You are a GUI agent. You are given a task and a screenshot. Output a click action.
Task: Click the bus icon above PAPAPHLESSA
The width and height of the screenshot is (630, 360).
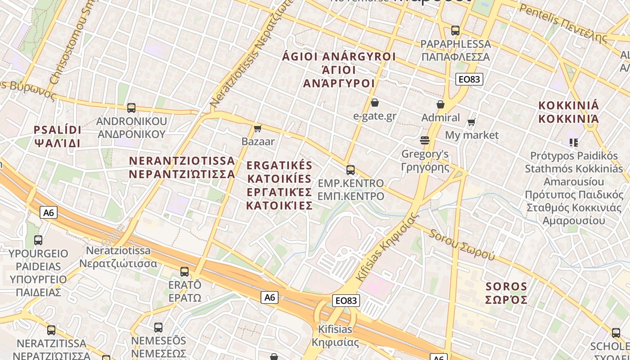coord(455,31)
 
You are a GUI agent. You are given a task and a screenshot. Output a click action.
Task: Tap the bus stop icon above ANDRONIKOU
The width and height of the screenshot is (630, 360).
coord(131,108)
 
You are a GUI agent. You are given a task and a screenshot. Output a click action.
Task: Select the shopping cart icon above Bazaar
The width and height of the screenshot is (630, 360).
coord(258,129)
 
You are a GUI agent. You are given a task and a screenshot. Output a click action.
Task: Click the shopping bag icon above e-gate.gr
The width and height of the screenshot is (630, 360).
coord(374,103)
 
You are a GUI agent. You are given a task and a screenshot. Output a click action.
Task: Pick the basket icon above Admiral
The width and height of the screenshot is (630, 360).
coord(441,104)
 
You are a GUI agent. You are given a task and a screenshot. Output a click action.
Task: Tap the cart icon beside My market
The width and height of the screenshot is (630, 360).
coord(472,122)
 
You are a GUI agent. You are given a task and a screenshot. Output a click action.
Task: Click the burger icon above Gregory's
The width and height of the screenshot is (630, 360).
coord(425,140)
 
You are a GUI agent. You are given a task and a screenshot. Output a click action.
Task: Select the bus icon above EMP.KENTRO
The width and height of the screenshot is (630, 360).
coord(351,170)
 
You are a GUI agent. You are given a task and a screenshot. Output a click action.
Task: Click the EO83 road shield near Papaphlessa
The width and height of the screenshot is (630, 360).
coord(469,79)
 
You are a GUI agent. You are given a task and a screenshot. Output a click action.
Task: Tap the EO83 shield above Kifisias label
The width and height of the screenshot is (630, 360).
coord(346,301)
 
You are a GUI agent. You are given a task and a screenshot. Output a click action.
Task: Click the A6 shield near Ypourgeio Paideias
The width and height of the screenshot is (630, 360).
coord(49,212)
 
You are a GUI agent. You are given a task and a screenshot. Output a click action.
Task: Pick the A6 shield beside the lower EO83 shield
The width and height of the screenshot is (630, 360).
coord(269,297)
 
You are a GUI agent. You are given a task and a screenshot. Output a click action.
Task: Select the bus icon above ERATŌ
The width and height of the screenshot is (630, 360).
coord(184,272)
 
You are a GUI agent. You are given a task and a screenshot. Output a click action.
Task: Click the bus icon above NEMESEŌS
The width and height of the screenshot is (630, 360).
coord(158,328)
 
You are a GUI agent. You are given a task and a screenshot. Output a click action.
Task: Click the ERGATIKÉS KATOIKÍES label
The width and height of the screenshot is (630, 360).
coord(279,185)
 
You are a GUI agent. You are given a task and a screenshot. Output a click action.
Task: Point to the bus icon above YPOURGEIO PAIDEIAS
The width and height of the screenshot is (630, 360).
coord(38,240)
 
